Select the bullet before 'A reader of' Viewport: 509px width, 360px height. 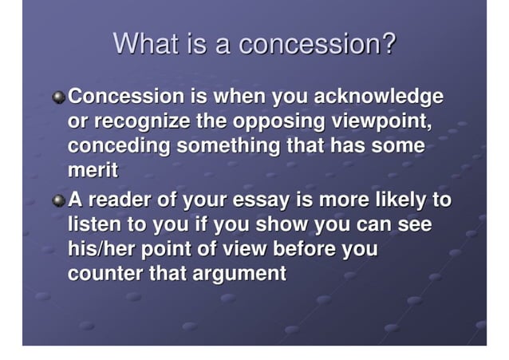tap(58, 200)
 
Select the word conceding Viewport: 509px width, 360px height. tap(119, 148)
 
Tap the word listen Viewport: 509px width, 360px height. tap(93, 224)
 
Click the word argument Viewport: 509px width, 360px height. tap(238, 274)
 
